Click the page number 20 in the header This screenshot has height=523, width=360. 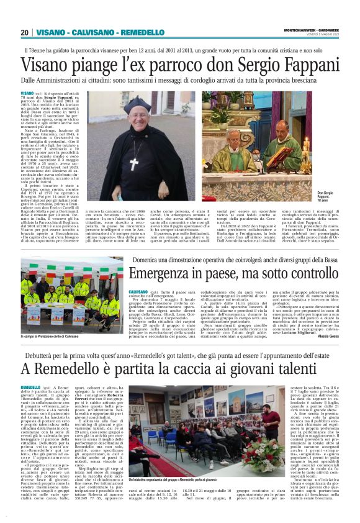pyautogui.click(x=24, y=32)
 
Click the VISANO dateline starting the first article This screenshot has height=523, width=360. pyautogui.click(x=27, y=93)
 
